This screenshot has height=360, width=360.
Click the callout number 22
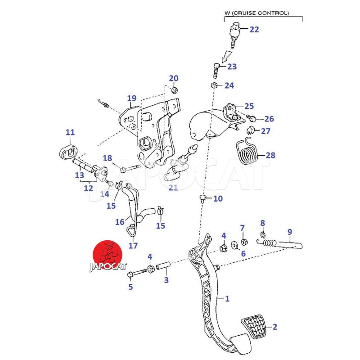[254, 30]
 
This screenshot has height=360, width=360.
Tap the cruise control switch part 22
[234, 34]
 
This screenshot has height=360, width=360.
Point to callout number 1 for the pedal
[227, 298]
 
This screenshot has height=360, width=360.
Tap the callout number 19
[131, 98]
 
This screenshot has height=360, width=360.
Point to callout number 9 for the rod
[290, 232]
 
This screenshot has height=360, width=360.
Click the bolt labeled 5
[135, 273]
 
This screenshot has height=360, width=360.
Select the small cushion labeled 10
[204, 198]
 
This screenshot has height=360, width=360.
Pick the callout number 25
[249, 106]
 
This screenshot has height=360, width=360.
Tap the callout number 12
[88, 188]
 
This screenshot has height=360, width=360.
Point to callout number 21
[173, 187]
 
